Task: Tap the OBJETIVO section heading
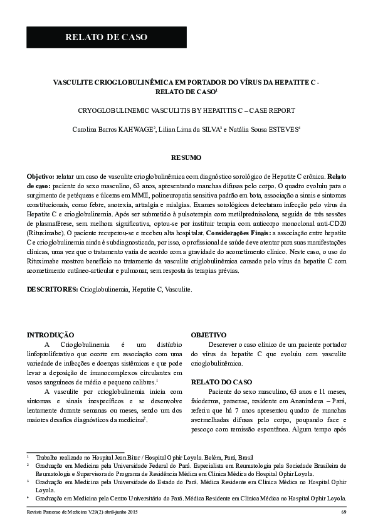click(x=209, y=335)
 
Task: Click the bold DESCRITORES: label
click(x=52, y=290)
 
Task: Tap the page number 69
click(x=344, y=512)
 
